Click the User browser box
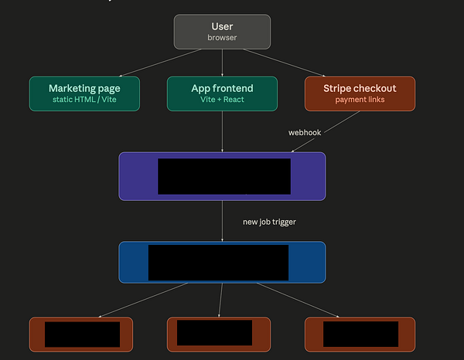222,31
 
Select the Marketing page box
84,93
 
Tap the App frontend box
222,93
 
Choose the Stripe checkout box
360,93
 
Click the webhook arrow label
305,132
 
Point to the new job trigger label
269,222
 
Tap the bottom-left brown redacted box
36,334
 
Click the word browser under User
222,37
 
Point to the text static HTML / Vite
84,100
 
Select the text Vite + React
222,100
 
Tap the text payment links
360,100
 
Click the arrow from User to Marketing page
147,63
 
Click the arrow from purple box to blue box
222,220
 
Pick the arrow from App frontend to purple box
222,131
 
